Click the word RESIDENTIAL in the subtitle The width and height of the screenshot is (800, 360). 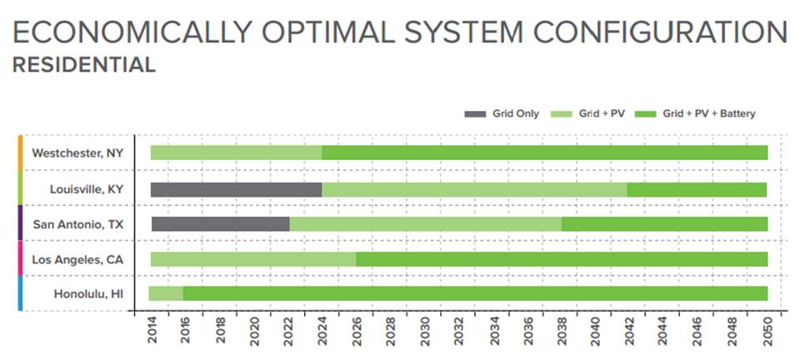pos(84,65)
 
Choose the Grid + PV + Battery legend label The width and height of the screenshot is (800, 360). pos(708,113)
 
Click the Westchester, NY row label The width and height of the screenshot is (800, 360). pos(77,153)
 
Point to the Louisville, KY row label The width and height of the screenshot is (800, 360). pos(87,189)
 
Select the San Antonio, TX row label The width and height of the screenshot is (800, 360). pos(78,224)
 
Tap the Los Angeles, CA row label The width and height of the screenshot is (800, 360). pos(77,259)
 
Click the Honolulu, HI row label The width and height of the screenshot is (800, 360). pos(88,293)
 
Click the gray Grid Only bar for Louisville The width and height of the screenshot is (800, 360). pos(236,189)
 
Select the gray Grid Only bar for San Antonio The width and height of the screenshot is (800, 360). pos(220,224)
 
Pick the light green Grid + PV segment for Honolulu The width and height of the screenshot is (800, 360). pos(166,293)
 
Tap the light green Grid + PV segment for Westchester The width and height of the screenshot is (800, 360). pos(236,152)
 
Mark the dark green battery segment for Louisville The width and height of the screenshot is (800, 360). pos(697,189)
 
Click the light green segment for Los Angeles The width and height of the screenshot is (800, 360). pos(252,259)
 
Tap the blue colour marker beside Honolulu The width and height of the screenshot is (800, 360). pos(20,293)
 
